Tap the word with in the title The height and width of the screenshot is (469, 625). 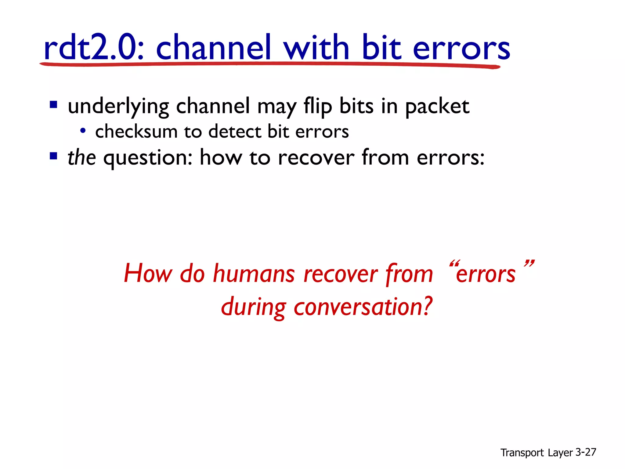(316, 47)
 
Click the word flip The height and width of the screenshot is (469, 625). (318, 107)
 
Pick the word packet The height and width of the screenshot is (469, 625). (437, 107)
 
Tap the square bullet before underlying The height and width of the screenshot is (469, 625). (53, 105)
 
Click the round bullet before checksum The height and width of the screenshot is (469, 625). (82, 131)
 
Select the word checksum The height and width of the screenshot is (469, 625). (136, 132)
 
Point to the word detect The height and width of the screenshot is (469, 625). (235, 132)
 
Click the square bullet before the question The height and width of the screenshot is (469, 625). (53, 156)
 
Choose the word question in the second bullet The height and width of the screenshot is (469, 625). (148, 158)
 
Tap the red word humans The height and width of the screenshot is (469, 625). (254, 273)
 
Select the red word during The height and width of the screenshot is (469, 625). (254, 307)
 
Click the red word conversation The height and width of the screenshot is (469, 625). (363, 307)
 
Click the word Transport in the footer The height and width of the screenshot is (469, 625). (522, 453)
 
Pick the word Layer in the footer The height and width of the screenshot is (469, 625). (560, 453)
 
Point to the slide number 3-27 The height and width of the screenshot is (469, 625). (586, 452)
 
